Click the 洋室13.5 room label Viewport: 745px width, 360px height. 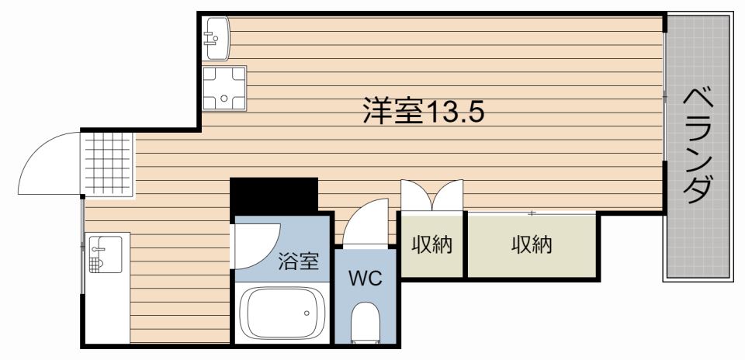tap(423, 112)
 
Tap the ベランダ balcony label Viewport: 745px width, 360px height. tap(698, 145)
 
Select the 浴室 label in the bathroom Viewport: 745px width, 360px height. tap(298, 261)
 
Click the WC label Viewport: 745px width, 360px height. tap(364, 279)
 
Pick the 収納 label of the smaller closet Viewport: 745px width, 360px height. tap(431, 245)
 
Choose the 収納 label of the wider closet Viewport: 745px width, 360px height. tap(532, 245)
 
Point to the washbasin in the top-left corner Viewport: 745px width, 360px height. tap(217, 36)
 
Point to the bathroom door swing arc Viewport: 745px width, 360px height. tap(257, 244)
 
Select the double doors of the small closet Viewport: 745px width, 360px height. tap(431, 196)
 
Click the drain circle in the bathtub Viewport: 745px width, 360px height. tap(307, 313)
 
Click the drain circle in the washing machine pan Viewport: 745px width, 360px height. tap(223, 99)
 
